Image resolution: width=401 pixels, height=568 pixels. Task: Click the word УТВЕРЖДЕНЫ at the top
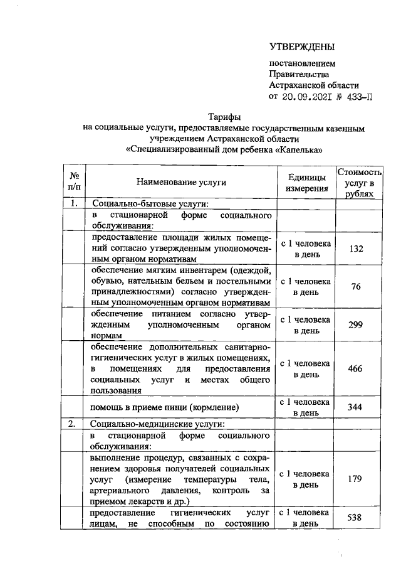click(x=302, y=46)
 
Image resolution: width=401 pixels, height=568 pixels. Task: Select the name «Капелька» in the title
click(x=301, y=151)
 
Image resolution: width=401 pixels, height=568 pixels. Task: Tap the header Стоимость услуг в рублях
click(x=359, y=182)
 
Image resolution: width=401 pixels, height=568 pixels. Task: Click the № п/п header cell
click(x=74, y=182)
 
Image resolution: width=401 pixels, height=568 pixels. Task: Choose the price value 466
click(x=356, y=368)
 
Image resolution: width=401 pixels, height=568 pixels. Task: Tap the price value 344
click(x=356, y=407)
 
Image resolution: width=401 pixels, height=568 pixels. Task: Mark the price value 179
click(x=356, y=479)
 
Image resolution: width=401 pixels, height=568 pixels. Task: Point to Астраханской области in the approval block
click(x=314, y=85)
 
